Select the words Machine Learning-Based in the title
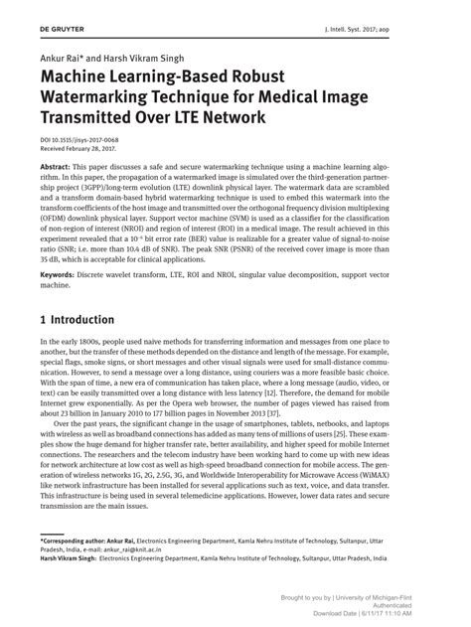[x=129, y=77]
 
